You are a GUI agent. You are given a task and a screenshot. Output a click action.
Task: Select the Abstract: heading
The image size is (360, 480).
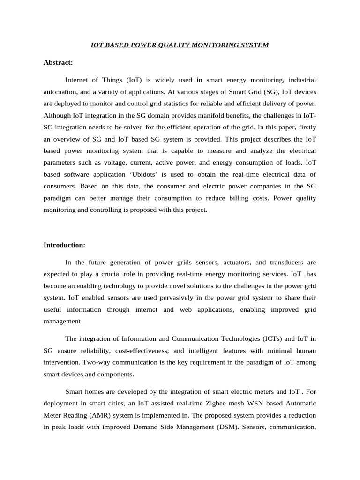click(58, 62)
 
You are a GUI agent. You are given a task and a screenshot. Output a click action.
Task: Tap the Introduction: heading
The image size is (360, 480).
click(64, 245)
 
